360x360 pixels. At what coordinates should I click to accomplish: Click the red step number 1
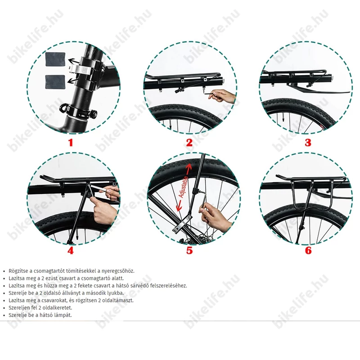pos(70,143)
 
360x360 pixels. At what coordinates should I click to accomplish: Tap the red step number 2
pos(189,143)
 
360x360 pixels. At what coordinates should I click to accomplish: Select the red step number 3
pos(308,143)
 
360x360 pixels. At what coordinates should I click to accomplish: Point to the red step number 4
pos(70,251)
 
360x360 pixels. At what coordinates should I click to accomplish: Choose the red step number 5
pos(189,251)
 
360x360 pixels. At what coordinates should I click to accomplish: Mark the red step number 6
pos(308,251)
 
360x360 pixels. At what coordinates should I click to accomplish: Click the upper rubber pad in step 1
pos(54,59)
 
